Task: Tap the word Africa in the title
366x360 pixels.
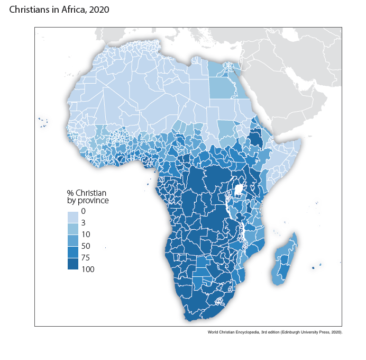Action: pos(71,10)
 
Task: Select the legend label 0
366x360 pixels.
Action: pos(84,212)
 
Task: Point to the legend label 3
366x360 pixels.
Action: pos(84,223)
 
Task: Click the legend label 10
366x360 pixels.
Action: pos(86,235)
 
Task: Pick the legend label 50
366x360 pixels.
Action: pos(86,246)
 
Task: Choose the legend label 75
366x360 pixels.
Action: pos(86,258)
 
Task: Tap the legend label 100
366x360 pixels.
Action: pos(88,269)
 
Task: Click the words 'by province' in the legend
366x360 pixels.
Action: pos(88,201)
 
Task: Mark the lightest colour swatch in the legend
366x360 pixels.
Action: pos(72,217)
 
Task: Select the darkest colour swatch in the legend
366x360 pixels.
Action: pos(72,264)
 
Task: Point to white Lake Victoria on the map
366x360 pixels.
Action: pos(239,189)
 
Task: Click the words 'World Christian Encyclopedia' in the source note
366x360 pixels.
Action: pos(239,332)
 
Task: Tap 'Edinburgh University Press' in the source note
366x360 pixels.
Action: pos(310,332)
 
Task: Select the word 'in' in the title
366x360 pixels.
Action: pos(53,10)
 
